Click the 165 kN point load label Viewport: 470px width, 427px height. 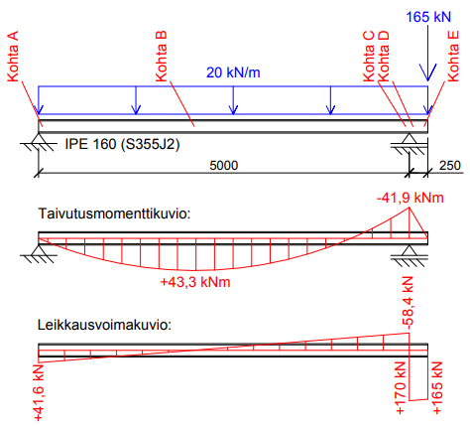[428, 17]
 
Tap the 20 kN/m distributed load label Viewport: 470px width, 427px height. [233, 72]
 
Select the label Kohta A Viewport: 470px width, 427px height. [13, 57]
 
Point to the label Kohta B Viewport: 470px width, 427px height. [161, 57]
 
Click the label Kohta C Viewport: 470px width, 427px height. [369, 57]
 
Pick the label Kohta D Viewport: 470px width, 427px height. [384, 57]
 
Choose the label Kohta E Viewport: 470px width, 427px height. [453, 57]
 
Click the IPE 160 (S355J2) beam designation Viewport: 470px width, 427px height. [122, 144]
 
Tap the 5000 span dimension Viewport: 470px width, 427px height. [224, 166]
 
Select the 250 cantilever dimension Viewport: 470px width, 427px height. [450, 166]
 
